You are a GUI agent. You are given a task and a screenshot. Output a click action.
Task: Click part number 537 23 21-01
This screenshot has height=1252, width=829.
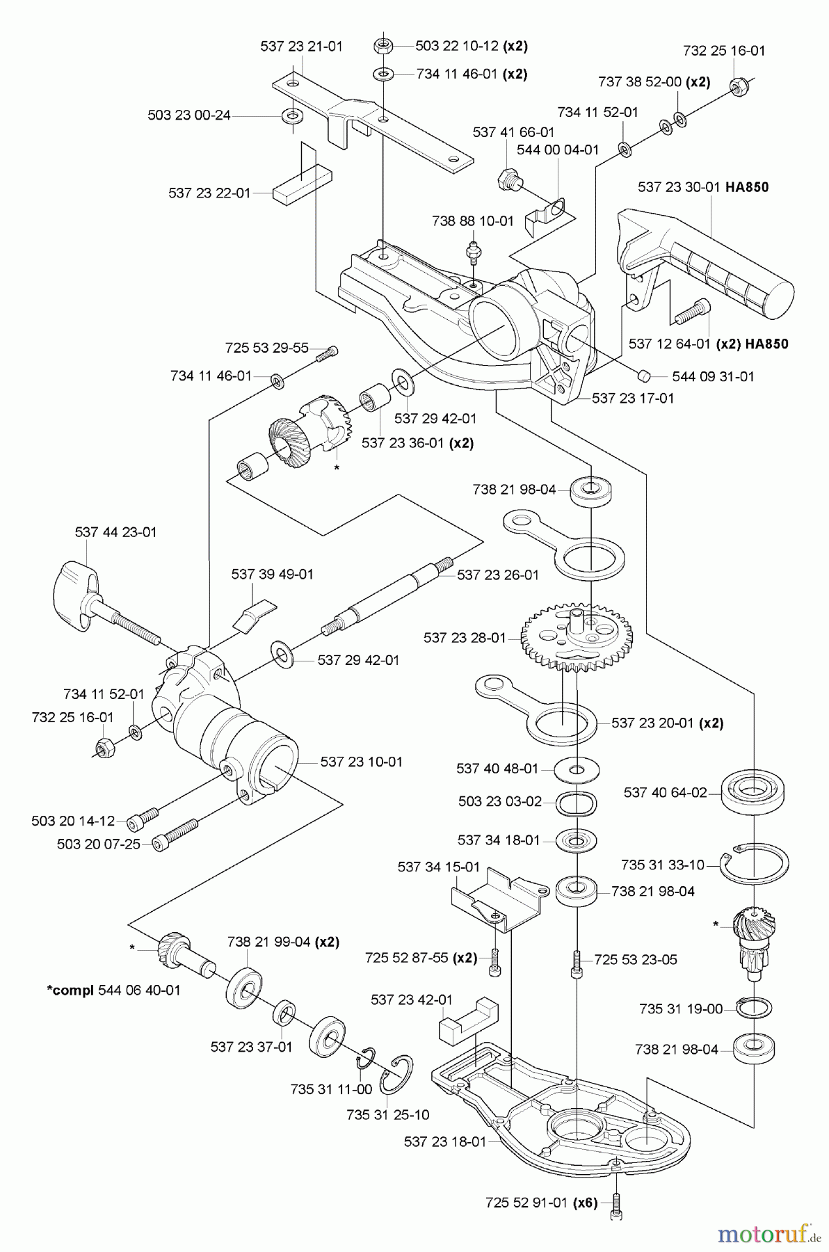pos(301,47)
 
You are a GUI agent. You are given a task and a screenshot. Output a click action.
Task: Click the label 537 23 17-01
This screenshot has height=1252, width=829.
pos(632,398)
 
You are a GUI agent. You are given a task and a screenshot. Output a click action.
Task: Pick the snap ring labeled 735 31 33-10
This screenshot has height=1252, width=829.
pos(755,865)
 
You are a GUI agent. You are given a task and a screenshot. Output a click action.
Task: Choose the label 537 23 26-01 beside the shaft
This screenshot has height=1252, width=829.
pos(497,575)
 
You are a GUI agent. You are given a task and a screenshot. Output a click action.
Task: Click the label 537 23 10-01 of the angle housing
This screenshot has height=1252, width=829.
pos(361,762)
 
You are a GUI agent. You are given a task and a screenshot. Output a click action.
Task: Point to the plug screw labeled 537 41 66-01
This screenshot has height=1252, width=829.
pos(508,179)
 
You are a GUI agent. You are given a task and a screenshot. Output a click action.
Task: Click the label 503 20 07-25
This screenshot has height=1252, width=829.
pos(98,844)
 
